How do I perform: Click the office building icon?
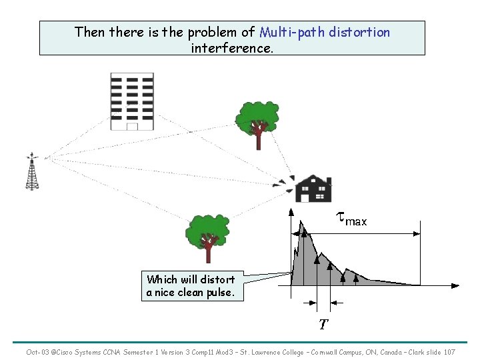tap(131, 101)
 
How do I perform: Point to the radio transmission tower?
tap(32, 172)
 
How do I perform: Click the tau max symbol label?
tap(351, 218)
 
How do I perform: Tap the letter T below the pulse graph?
tap(323, 325)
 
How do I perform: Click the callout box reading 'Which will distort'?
tap(191, 286)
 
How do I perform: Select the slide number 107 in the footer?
tap(449, 352)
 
